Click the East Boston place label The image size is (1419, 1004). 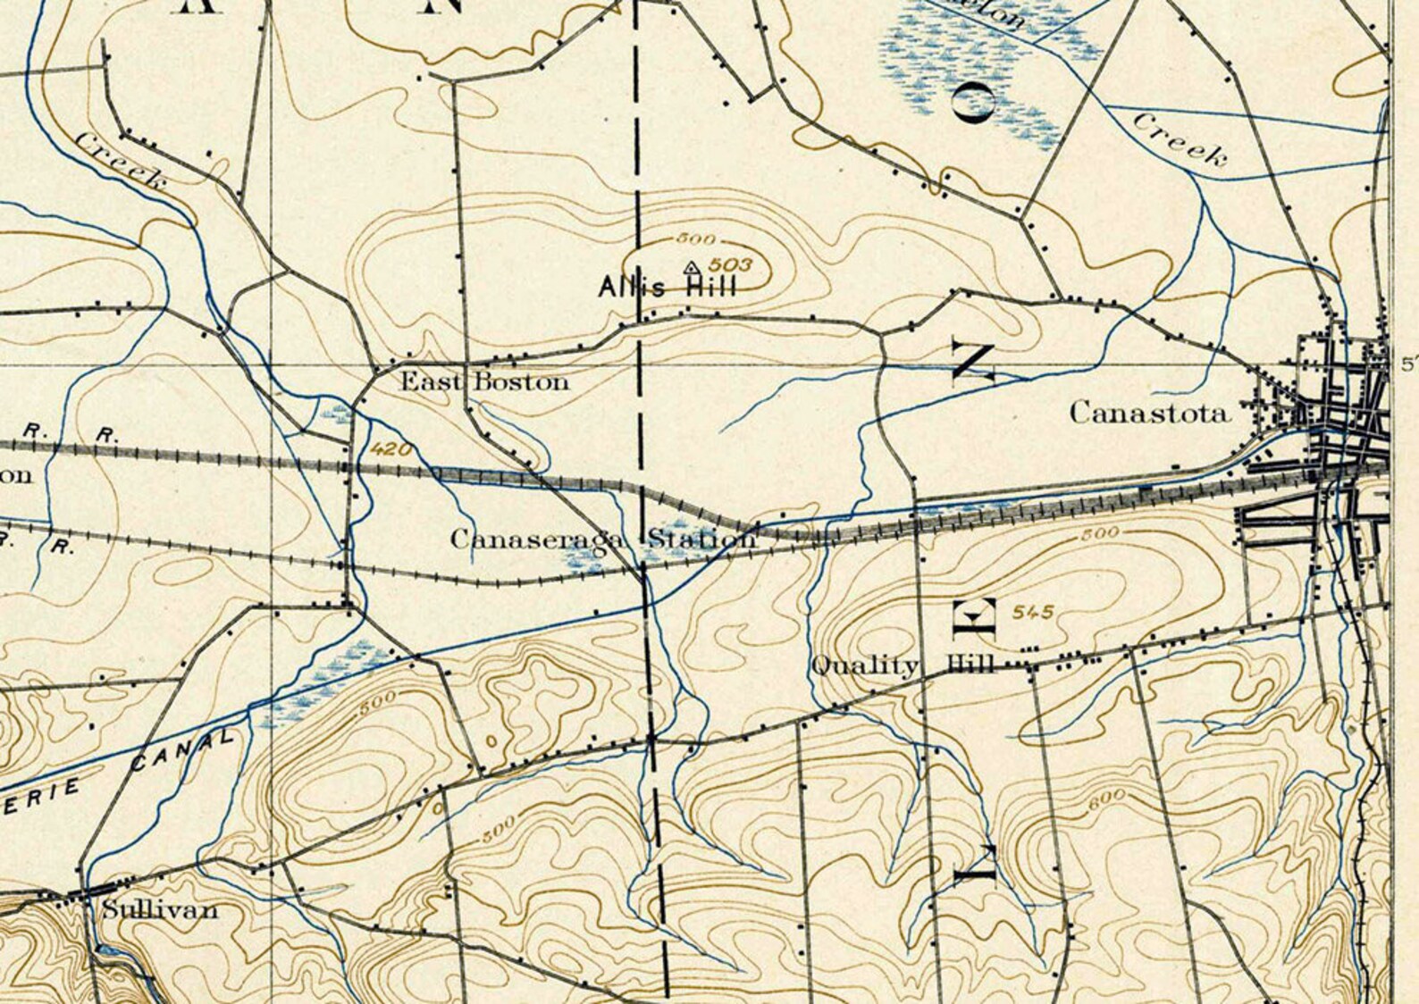(x=483, y=382)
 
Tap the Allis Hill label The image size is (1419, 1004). (x=668, y=287)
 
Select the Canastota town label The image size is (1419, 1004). (x=1149, y=413)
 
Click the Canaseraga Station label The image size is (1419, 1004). (x=603, y=540)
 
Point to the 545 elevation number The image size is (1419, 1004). (x=1034, y=612)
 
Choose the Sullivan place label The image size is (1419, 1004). (x=160, y=910)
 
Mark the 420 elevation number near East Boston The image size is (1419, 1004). (x=390, y=449)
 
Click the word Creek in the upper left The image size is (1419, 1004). (x=120, y=161)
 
